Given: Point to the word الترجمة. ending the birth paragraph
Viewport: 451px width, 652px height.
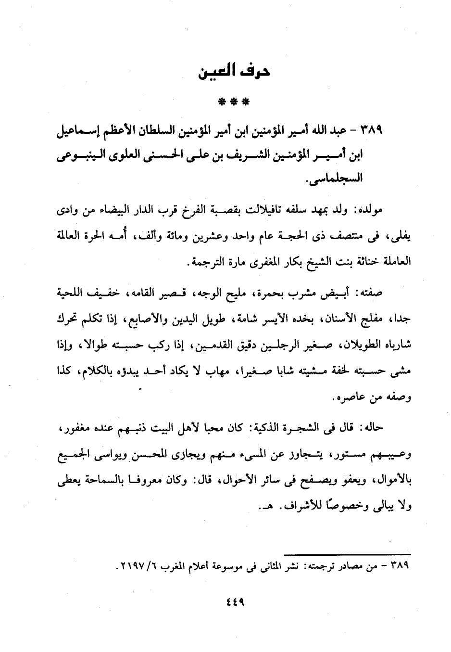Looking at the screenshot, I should coord(205,263).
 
